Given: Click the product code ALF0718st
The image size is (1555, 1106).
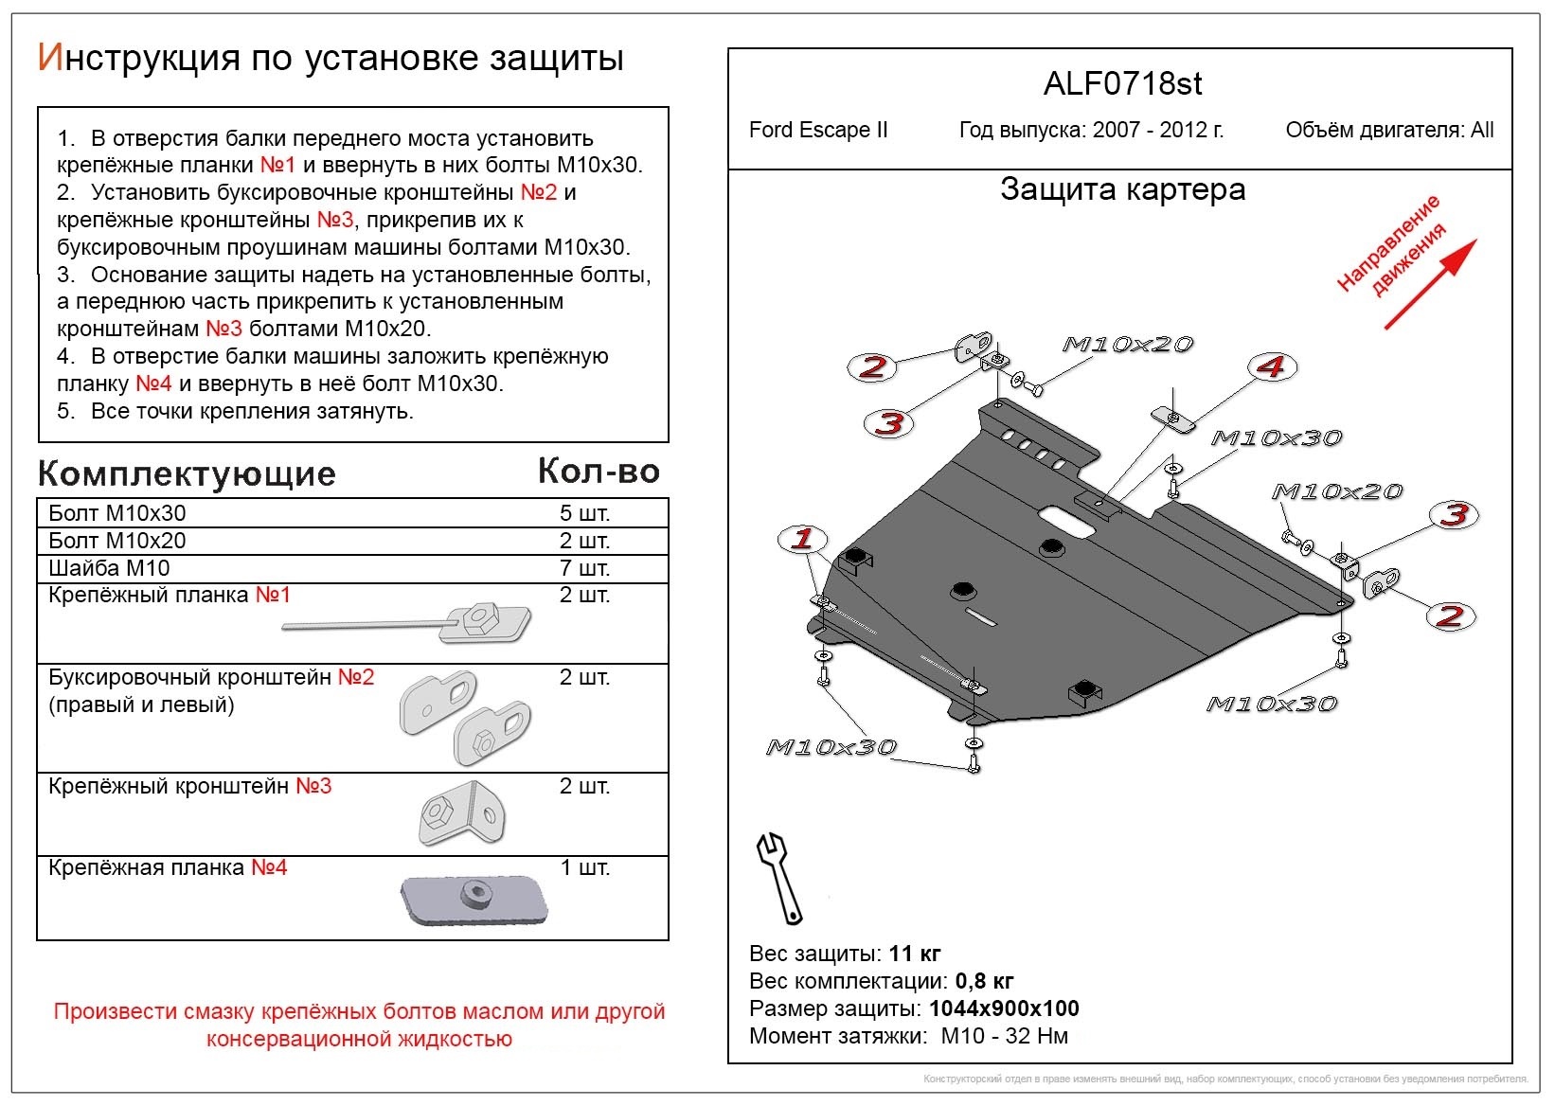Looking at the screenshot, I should (x=1122, y=84).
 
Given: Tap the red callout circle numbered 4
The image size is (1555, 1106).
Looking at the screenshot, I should (x=1271, y=366).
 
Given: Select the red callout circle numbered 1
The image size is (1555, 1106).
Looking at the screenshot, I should (x=802, y=540).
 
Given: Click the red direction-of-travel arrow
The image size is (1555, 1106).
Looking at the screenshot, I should (x=1430, y=284).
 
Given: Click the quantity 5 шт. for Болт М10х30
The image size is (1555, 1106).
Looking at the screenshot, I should (x=584, y=513).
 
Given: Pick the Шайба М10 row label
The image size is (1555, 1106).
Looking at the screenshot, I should (x=109, y=568).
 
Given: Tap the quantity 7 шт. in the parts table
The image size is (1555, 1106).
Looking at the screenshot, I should (x=584, y=568).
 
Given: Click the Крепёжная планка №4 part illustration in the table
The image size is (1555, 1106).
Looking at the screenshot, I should (x=474, y=900).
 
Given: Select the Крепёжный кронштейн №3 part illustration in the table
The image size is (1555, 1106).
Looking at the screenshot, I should (x=461, y=813).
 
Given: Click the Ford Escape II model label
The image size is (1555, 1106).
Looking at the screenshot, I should (x=818, y=130).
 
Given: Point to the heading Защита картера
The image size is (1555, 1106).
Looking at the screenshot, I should (x=1122, y=189).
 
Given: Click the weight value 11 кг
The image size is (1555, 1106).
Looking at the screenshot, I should (x=915, y=954).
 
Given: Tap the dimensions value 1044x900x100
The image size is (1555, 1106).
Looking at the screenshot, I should (x=1004, y=1008).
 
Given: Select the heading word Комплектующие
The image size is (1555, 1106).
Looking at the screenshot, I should (x=187, y=473).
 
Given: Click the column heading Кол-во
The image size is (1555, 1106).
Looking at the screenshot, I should (x=599, y=471).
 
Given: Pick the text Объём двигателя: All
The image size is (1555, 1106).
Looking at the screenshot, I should (x=1389, y=130).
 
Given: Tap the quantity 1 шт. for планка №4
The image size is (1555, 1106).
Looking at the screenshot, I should (x=584, y=867).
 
